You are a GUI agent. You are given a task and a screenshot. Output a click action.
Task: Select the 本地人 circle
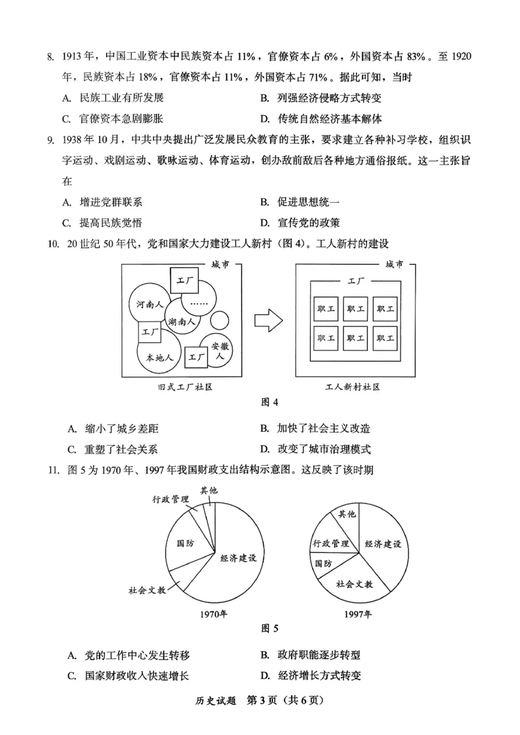(x=159, y=357)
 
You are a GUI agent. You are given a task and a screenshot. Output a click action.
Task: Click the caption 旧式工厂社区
(x=185, y=387)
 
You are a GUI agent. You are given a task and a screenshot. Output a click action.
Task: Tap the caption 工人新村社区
(x=353, y=387)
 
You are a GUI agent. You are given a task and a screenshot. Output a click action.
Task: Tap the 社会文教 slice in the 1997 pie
(x=354, y=583)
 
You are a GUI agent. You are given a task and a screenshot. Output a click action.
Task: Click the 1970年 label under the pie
(x=213, y=613)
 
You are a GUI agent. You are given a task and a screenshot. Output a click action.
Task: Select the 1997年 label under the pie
(x=359, y=613)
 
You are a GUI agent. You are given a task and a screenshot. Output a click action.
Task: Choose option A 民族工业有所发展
(x=114, y=98)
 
